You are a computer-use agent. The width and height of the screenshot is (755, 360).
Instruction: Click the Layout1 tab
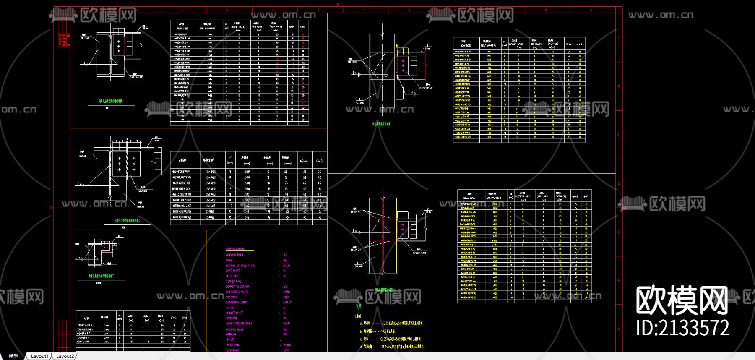tap(39, 356)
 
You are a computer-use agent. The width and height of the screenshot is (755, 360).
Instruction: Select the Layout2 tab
tap(65, 356)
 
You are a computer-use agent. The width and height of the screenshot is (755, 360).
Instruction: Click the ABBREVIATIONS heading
tap(235, 249)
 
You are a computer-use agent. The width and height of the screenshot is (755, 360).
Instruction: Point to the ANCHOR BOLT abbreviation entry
tap(234, 255)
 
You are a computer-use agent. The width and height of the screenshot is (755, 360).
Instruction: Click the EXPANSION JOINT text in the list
tap(236, 302)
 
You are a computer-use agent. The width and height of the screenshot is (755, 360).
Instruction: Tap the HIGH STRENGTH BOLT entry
tap(239, 323)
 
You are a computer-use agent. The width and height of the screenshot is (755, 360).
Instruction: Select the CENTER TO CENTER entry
tap(237, 287)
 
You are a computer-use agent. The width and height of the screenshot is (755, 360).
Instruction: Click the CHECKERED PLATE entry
tap(237, 292)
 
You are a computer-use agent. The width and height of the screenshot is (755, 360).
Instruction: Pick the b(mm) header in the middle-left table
tap(304, 161)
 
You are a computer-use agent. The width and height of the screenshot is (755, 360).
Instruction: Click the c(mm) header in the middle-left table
tap(319, 161)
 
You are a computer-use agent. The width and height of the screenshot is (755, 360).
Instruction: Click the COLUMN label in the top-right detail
tap(360, 102)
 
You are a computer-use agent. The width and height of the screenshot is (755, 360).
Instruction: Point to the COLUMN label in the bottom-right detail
tap(359, 266)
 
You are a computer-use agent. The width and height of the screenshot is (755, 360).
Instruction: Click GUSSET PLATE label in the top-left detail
tap(136, 77)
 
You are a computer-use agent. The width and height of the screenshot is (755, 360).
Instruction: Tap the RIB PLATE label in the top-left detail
tap(85, 38)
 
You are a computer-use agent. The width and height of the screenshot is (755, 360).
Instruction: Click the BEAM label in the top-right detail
tap(427, 48)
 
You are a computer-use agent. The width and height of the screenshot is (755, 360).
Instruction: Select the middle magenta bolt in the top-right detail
tap(403, 66)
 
